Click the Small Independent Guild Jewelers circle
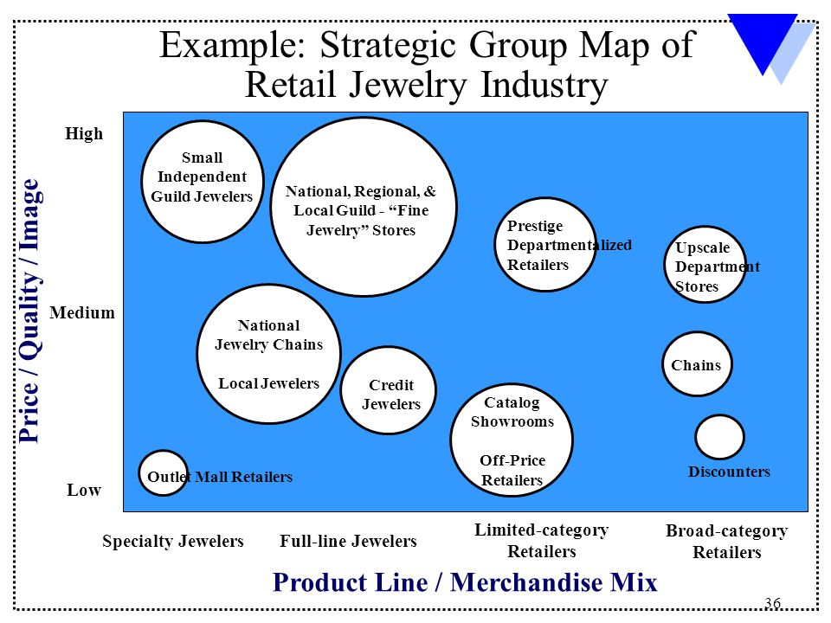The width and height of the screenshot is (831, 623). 203,182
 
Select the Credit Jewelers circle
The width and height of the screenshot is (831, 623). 389,390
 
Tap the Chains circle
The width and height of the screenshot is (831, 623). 697,364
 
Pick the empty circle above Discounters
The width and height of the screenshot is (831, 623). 719,437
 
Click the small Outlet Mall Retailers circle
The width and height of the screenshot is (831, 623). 164,473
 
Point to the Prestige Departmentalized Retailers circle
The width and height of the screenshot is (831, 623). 545,244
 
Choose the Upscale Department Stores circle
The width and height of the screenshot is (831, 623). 705,265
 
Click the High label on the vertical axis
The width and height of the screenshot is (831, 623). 84,133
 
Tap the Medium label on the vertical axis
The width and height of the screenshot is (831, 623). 82,312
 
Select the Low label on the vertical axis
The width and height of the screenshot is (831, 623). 84,490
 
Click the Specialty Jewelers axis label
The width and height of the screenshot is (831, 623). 173,541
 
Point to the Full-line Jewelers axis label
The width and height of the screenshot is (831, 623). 348,541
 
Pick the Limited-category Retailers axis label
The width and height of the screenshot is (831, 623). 542,540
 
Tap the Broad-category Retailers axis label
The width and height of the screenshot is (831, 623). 726,541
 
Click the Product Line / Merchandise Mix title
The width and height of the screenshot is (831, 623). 465,582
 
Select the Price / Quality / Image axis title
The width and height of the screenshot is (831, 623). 29,311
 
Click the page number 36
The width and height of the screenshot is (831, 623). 773,603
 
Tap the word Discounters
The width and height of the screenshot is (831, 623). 729,472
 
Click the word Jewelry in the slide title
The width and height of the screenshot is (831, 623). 408,86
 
